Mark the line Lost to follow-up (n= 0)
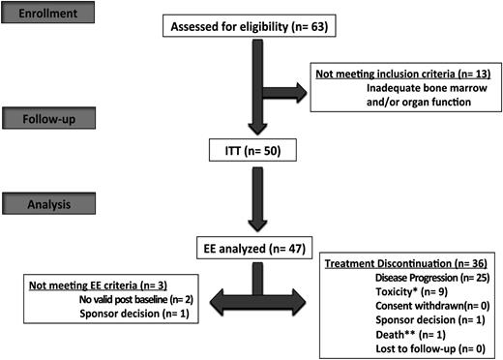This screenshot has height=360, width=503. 423,345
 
